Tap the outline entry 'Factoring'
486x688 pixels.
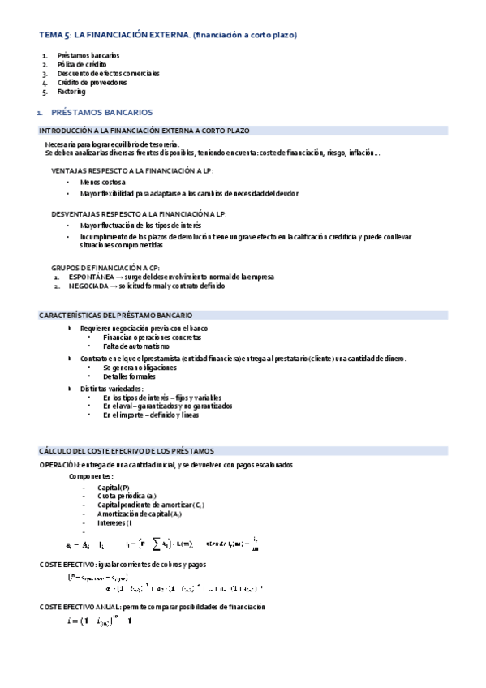71,92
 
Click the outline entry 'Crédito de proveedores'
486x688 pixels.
92,83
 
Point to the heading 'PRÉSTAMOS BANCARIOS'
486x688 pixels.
107,111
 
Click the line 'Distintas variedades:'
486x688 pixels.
111,389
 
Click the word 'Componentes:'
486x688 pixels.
91,475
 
